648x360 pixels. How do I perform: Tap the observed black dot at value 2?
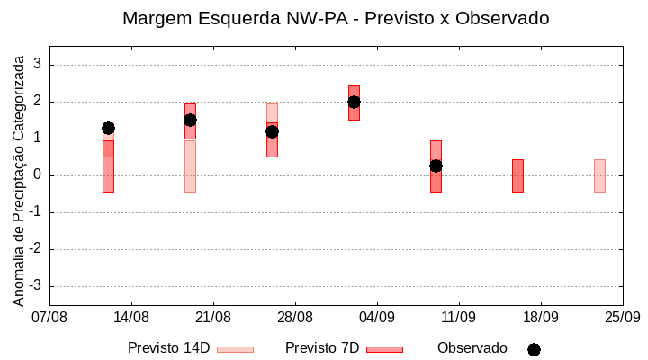tap(354, 102)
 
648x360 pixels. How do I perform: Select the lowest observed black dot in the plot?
tap(436, 166)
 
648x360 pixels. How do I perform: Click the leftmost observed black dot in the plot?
tap(108, 128)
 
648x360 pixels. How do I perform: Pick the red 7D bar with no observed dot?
tap(517, 175)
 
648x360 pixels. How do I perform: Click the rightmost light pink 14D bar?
tap(599, 175)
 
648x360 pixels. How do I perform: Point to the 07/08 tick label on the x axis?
tap(49, 318)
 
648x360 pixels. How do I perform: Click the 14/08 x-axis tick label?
tap(131, 318)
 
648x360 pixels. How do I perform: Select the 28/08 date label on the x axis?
tap(295, 318)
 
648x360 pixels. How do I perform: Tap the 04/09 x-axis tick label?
tap(377, 318)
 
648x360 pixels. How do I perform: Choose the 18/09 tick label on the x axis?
tap(541, 318)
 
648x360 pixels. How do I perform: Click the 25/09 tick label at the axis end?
tap(622, 318)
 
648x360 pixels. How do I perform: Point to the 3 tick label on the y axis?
tap(38, 65)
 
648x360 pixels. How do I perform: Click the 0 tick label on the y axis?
tap(38, 175)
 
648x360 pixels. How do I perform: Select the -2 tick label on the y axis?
tap(35, 249)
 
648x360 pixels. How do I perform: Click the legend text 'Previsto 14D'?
tap(168, 348)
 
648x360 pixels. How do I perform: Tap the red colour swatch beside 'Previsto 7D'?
tap(384, 349)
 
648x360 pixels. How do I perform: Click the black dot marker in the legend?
tap(534, 349)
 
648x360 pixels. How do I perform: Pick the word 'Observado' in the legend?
tap(472, 348)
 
